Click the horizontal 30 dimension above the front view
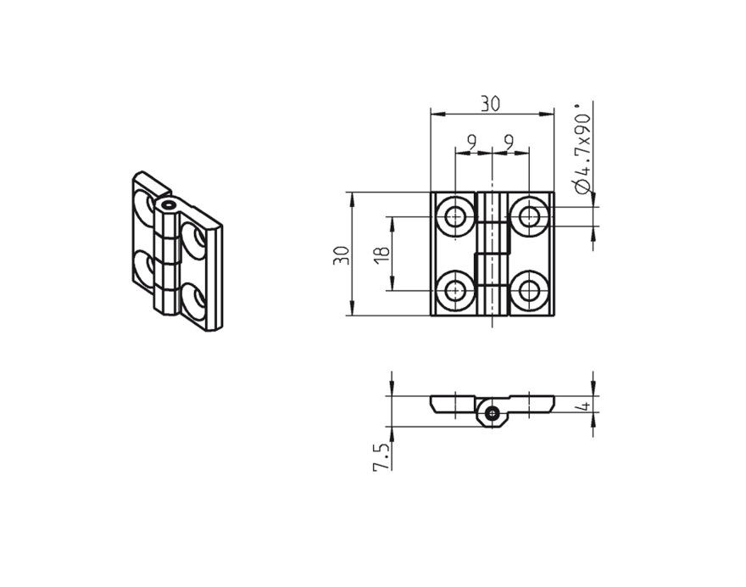coord(490,103)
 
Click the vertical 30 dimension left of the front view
coord(341,254)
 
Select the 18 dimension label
coord(381,254)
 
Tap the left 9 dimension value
coord(472,142)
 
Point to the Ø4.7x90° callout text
coord(582,151)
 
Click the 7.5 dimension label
coord(382,456)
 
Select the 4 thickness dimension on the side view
coord(582,407)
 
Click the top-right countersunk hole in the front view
coord(530,217)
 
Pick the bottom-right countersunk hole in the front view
coord(530,291)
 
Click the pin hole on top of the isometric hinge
coord(169,204)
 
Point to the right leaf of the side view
coord(532,402)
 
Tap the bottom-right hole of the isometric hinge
coord(192,301)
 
